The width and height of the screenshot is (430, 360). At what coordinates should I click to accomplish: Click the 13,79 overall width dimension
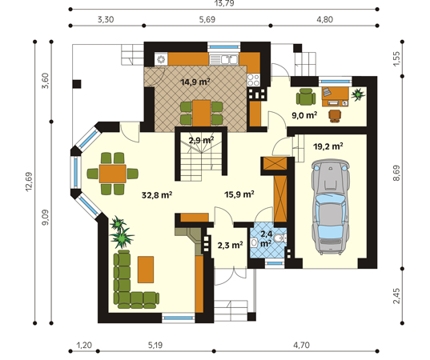tap(224, 3)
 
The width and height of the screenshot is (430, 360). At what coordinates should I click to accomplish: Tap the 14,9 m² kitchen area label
tap(195, 82)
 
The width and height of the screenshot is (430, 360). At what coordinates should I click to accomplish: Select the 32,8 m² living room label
tap(157, 195)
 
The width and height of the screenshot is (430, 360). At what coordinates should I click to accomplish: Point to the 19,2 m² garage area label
tap(328, 146)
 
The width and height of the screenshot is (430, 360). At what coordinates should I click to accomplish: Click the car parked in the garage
tap(331, 208)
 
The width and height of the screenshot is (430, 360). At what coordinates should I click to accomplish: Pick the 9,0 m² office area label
tap(304, 115)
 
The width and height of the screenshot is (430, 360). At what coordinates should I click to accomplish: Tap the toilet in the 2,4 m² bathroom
tap(280, 238)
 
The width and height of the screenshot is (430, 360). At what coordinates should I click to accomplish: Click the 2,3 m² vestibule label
tap(230, 245)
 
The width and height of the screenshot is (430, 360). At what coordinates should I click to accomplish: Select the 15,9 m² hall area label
tap(239, 194)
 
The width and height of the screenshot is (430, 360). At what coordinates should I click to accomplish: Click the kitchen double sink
tap(223, 59)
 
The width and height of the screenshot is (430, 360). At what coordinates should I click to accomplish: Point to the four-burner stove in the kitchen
tap(253, 80)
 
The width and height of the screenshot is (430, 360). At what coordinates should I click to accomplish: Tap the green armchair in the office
tap(306, 97)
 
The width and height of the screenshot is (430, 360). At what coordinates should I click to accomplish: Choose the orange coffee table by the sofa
tap(146, 270)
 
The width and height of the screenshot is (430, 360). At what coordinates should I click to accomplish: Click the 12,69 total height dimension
tap(29, 182)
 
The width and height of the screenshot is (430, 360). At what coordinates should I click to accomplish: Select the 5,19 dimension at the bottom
tap(155, 345)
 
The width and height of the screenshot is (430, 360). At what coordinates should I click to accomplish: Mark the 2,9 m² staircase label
tap(201, 140)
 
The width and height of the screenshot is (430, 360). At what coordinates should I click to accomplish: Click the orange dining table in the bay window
tap(113, 174)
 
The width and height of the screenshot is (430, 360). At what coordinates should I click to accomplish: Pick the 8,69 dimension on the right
tap(396, 173)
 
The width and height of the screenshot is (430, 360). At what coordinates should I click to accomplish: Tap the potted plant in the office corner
tap(358, 94)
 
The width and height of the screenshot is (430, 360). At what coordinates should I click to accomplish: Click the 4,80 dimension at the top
tap(324, 19)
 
